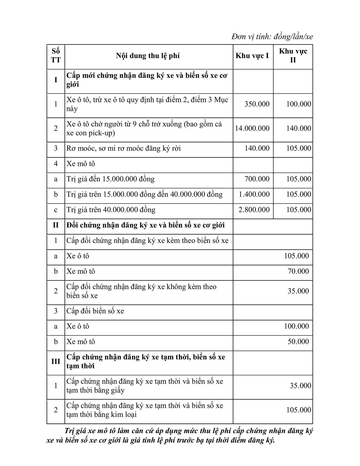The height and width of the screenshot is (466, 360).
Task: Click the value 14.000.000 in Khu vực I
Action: click(252, 128)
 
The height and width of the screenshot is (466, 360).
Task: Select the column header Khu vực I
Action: click(252, 56)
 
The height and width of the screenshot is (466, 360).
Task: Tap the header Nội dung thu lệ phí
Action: click(148, 56)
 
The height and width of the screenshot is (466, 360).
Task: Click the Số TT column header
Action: click(56, 56)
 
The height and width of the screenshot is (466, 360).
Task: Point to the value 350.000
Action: click(257, 104)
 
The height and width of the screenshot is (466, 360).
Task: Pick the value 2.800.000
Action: click(254, 210)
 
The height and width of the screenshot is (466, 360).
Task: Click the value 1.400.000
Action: click(254, 194)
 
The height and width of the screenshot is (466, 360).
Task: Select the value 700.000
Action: click(257, 179)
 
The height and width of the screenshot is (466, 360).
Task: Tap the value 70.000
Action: click(298, 271)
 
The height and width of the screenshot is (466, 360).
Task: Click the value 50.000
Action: click(298, 342)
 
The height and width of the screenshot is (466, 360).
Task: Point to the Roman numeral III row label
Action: click(56, 362)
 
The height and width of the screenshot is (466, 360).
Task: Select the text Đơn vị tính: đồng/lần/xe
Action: click(272, 37)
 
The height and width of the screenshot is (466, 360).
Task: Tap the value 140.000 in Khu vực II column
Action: click(298, 128)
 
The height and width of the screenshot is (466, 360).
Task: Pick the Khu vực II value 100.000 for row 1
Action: click(298, 104)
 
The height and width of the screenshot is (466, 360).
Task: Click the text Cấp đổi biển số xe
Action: click(95, 311)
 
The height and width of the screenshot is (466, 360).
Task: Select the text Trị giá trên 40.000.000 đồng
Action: click(111, 210)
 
